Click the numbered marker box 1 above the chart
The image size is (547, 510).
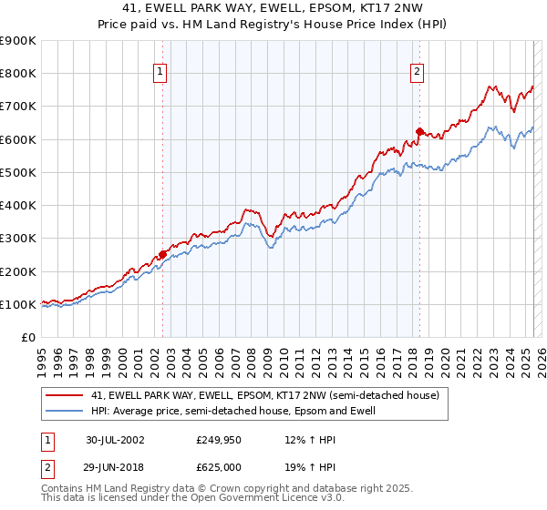pyautogui.click(x=160, y=73)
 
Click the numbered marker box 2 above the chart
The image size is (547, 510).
pyautogui.click(x=417, y=73)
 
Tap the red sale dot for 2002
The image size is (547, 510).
pyautogui.click(x=163, y=254)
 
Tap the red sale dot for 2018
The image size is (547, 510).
pyautogui.click(x=419, y=131)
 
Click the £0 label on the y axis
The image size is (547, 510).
pyautogui.click(x=27, y=338)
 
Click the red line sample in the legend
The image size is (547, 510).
pyautogui.click(x=65, y=396)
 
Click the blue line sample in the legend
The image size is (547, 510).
pyautogui.click(x=65, y=412)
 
